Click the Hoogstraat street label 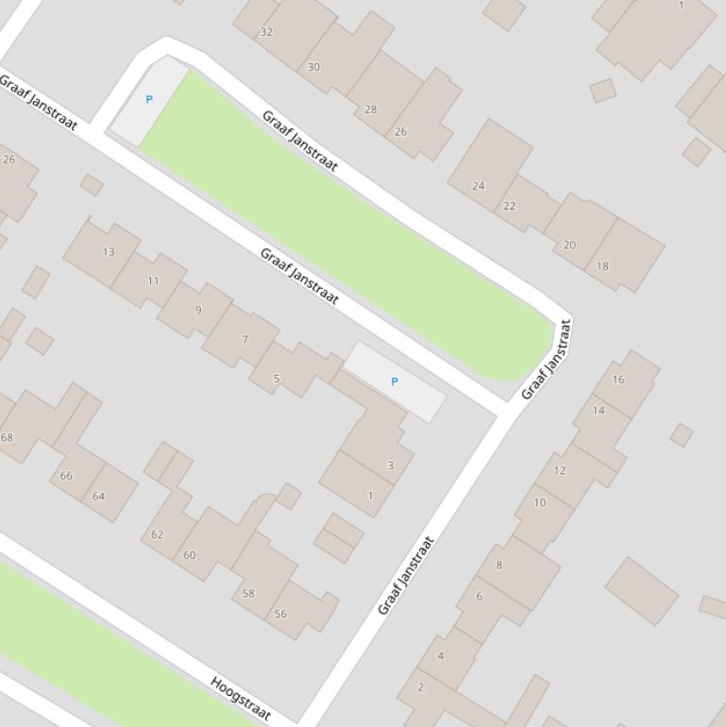click(241, 699)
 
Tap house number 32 click(266, 32)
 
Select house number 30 click(313, 67)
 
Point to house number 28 click(370, 110)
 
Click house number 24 click(478, 186)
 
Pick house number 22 click(510, 206)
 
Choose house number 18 click(602, 266)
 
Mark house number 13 click(109, 252)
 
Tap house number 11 click(153, 280)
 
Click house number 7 click(245, 340)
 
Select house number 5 click(277, 380)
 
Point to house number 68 click(7, 437)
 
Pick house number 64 click(98, 496)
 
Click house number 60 click(189, 555)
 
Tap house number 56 click(280, 614)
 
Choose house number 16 click(618, 380)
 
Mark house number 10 click(539, 502)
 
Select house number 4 click(440, 655)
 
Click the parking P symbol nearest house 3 click(394, 381)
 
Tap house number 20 click(569, 245)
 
